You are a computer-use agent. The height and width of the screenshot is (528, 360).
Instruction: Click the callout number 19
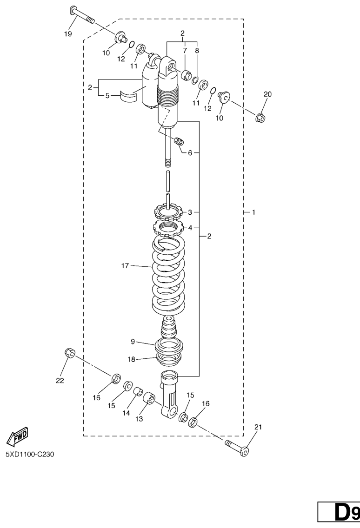click(x=68, y=33)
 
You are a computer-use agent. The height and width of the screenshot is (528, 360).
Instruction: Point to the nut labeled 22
click(x=69, y=353)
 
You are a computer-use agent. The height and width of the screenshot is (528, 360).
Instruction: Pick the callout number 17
click(x=125, y=266)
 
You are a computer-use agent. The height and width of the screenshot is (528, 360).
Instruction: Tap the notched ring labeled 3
click(x=167, y=212)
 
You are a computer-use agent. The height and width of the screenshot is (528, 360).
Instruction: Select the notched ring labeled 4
click(x=168, y=228)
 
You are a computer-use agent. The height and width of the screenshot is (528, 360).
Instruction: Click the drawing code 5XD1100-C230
click(x=30, y=455)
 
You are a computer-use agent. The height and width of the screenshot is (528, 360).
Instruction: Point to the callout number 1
click(x=253, y=212)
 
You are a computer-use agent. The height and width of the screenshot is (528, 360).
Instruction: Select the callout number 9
click(x=133, y=342)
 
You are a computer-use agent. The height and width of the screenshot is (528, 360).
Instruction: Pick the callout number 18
click(x=131, y=359)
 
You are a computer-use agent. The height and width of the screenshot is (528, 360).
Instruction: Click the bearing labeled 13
click(x=149, y=398)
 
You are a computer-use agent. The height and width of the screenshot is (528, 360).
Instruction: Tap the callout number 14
click(x=126, y=413)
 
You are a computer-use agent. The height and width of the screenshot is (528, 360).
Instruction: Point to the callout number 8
click(x=197, y=51)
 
